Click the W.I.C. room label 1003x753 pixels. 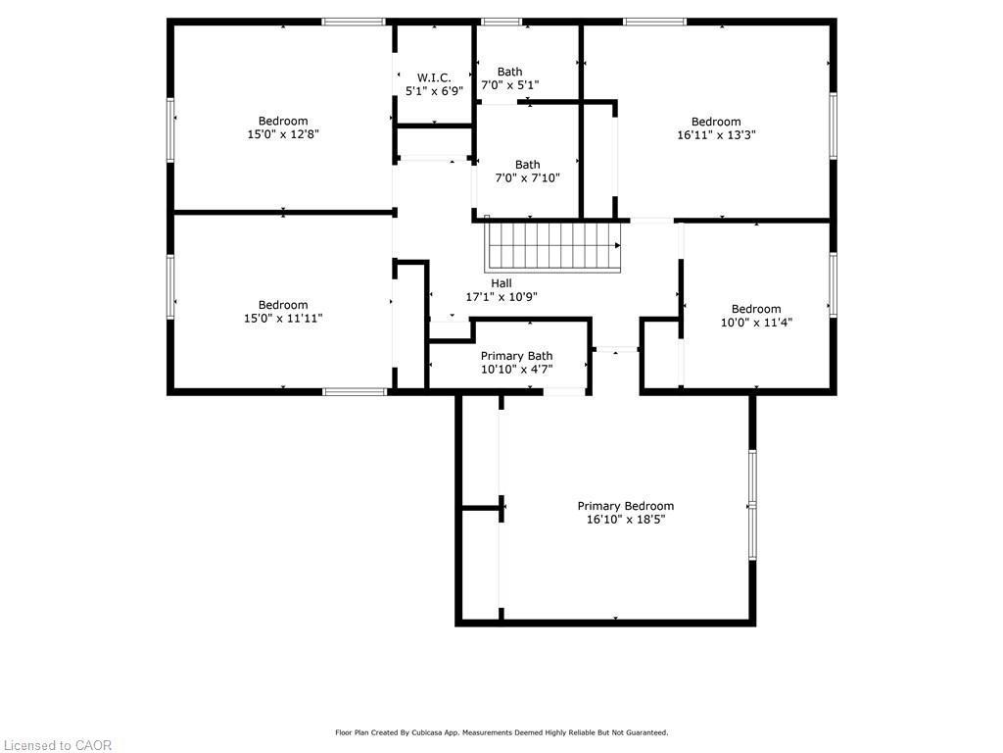434,78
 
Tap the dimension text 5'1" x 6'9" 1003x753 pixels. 434,91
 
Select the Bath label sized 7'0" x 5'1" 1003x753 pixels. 509,72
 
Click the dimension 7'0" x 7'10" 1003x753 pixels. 528,178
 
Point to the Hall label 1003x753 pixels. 501,283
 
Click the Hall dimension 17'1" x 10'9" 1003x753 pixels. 501,296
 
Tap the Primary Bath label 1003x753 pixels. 517,356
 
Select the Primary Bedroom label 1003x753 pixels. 626,506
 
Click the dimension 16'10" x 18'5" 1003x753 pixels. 626,520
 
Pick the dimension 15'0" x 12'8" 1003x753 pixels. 283,134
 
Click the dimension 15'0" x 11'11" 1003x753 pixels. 283,319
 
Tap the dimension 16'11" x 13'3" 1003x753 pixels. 716,135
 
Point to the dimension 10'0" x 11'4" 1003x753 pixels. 757,322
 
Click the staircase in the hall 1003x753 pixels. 552,246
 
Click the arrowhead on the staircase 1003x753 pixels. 618,245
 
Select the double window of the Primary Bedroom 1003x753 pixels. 753,505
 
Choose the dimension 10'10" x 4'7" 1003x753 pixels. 517,370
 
